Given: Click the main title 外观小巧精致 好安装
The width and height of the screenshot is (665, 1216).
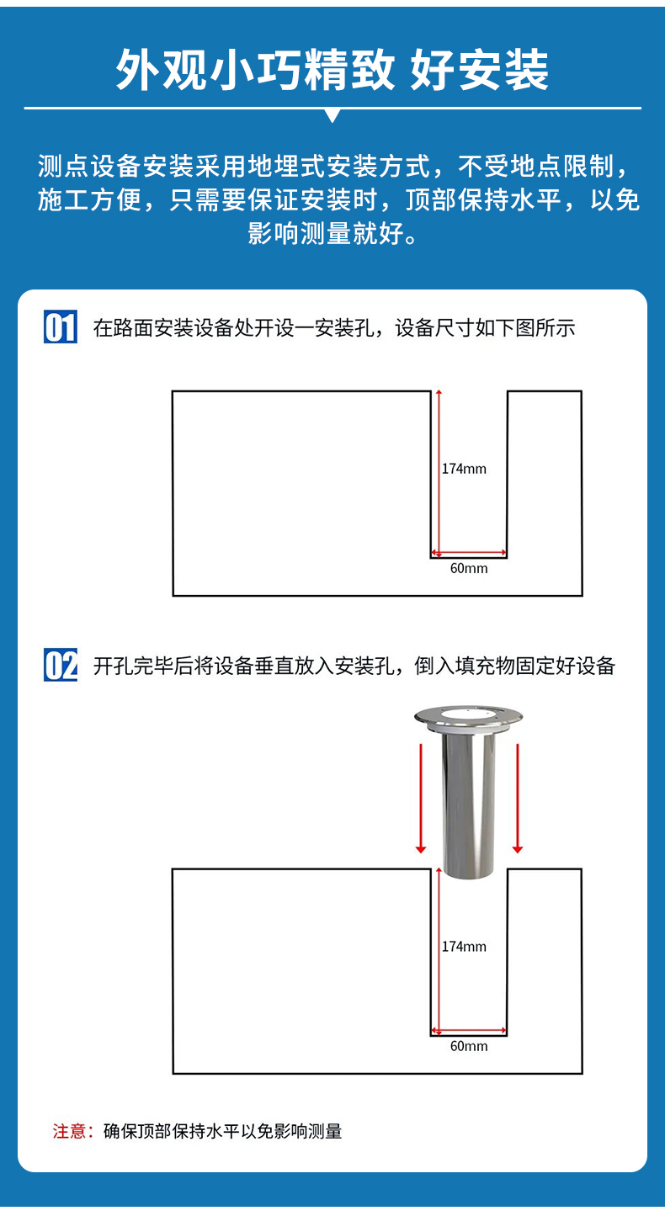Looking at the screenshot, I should pyautogui.click(x=332, y=69).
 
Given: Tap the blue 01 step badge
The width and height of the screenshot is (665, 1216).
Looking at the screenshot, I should pyautogui.click(x=60, y=327).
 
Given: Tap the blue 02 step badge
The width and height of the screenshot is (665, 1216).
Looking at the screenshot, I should pyautogui.click(x=60, y=666).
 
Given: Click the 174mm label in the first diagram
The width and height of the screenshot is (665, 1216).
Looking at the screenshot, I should pyautogui.click(x=464, y=469).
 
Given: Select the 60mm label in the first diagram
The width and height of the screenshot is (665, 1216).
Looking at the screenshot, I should pyautogui.click(x=469, y=568).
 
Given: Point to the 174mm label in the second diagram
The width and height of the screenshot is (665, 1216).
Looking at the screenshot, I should pyautogui.click(x=464, y=947).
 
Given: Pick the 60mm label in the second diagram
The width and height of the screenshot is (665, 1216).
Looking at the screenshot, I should pyautogui.click(x=469, y=1046).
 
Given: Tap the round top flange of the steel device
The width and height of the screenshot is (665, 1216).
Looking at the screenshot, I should pyautogui.click(x=469, y=716).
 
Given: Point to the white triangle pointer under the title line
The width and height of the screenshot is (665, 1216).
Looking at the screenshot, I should pyautogui.click(x=332, y=115).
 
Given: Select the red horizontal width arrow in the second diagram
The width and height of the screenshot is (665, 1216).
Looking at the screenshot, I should pyautogui.click(x=469, y=1031).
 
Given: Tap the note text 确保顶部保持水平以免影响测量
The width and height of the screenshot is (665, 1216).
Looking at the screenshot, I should pyautogui.click(x=222, y=1131).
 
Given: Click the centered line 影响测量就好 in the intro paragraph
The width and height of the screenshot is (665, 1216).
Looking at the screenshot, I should pyautogui.click(x=332, y=233).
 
